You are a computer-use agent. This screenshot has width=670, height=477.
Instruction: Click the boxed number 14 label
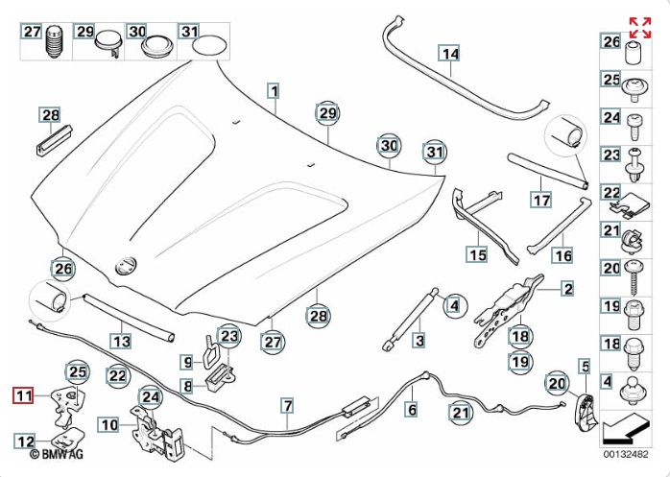(449, 54)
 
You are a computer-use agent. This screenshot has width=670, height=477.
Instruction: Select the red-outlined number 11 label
(23, 394)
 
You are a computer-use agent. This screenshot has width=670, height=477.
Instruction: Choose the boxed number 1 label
(274, 92)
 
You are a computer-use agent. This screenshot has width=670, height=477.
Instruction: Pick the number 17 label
(541, 201)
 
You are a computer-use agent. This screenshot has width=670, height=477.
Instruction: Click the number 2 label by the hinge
(567, 288)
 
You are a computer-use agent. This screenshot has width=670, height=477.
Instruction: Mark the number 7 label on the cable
(286, 406)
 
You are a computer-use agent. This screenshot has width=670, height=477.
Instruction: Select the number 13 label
(120, 341)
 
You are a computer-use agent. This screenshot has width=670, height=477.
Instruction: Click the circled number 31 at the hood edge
(437, 152)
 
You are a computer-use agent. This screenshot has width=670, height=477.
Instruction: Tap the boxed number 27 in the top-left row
(34, 33)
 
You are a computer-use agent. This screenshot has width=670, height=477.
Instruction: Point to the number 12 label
(25, 441)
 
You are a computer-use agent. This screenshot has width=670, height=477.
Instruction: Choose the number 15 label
(477, 254)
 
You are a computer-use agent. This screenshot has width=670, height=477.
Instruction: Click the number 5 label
(582, 365)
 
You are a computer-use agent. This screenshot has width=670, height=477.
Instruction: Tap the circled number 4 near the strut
(452, 306)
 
